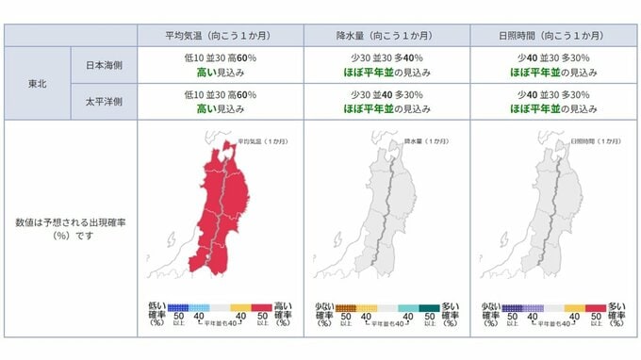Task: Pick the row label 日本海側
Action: (104, 64)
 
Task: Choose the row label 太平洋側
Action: (104, 102)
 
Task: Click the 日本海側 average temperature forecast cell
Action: (219, 64)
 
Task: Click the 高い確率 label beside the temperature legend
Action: (283, 311)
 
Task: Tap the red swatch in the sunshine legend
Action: (594, 306)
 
